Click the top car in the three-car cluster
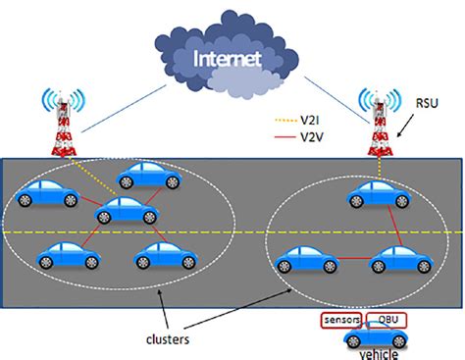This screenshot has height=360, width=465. click(x=377, y=197)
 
